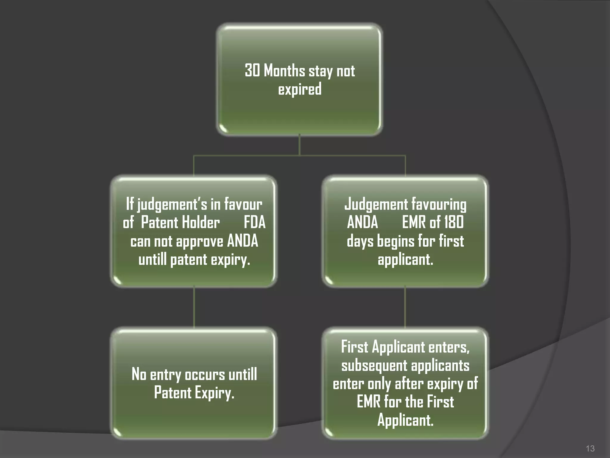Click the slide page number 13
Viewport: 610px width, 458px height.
(590, 448)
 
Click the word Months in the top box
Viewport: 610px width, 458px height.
(284, 71)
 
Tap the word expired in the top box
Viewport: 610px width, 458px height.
(300, 89)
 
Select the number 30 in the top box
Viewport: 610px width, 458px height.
(252, 71)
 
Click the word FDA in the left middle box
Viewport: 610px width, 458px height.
(254, 222)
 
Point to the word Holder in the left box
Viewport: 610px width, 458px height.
(201, 222)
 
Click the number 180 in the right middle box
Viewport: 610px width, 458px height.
(454, 222)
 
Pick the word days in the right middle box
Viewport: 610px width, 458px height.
(360, 241)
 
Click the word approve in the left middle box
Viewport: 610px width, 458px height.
(200, 241)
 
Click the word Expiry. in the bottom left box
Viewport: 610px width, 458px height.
(215, 393)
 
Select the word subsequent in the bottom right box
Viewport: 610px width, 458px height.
(374, 366)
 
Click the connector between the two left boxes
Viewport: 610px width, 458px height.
(194, 307)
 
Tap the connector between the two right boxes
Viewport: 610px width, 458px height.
(405, 307)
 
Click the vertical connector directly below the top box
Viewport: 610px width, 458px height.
(299, 145)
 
